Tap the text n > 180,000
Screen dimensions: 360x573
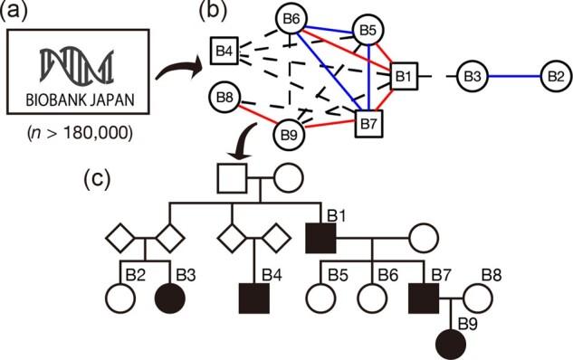[x=82, y=137]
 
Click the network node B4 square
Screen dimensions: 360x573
[x=223, y=50]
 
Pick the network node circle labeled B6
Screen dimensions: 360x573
[x=294, y=18]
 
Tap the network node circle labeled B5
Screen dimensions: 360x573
[x=367, y=30]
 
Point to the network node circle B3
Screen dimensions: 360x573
[x=471, y=76]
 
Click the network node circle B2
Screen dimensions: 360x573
[x=554, y=76]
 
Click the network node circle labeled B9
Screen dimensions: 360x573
[x=288, y=136]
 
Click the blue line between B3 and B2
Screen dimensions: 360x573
[x=512, y=76]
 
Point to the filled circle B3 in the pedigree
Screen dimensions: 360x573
[x=169, y=296]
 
